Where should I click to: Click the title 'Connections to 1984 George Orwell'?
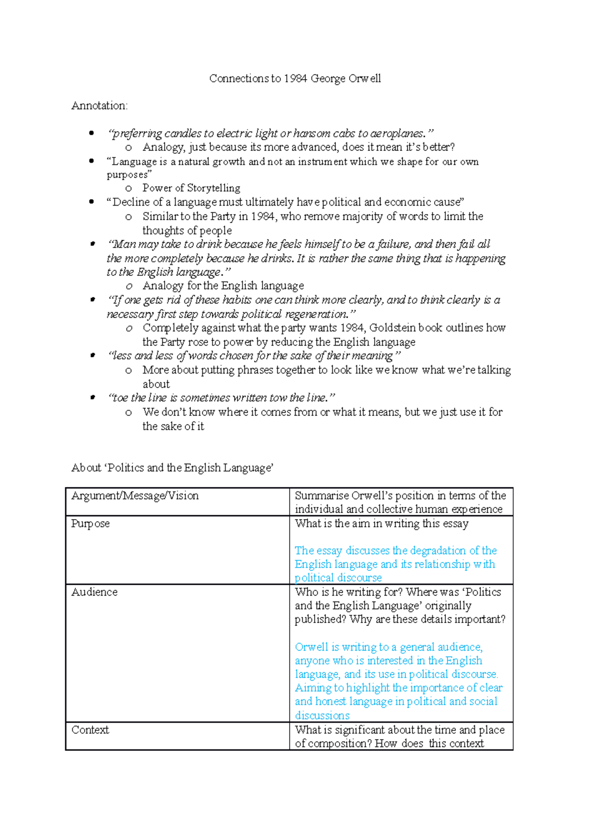[295, 79]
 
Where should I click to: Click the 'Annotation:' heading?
[99, 106]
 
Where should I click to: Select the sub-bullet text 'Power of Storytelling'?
[191, 188]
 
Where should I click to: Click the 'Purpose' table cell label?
[90, 523]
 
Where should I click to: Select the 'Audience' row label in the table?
[94, 592]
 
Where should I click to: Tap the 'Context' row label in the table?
[90, 730]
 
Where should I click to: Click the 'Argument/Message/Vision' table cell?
[135, 496]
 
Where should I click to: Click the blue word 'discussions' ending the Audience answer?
[322, 716]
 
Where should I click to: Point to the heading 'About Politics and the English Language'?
[172, 468]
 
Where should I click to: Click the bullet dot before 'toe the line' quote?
[92, 397]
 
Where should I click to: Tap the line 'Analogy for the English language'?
[223, 286]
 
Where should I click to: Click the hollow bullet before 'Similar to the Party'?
[129, 217]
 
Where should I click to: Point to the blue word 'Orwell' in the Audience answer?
[312, 647]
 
